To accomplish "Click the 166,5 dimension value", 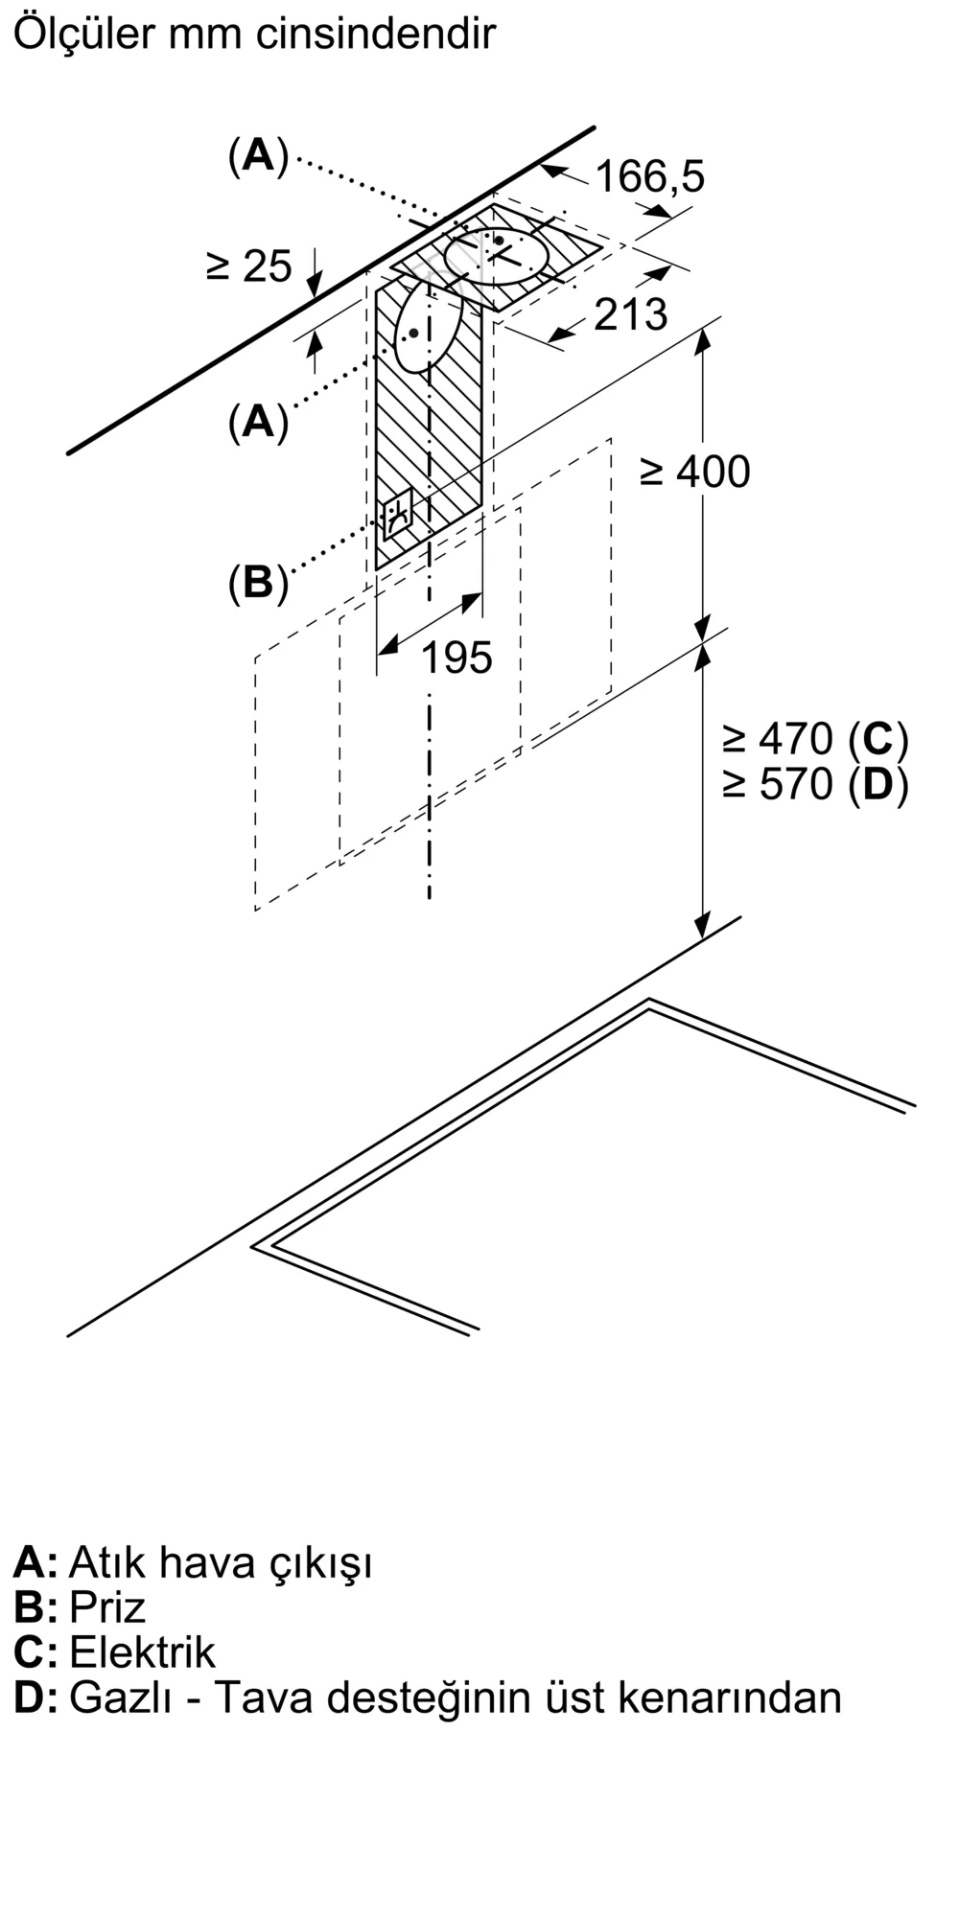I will pos(649,176).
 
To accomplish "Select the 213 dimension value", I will pos(630,314).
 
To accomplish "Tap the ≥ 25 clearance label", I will pos(248,266).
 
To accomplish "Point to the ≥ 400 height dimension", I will pos(694,472).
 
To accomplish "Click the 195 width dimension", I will pos(456,658).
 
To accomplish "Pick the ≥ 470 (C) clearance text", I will pos(814,738).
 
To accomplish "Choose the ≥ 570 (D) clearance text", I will pos(814,784).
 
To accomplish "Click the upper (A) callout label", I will pos(258,155).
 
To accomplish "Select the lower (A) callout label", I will pos(258,421).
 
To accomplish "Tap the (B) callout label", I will pos(258,582).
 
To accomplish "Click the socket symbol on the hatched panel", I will pos(398,515).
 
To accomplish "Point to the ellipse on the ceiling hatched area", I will pos(497,256).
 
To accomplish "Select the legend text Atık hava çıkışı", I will pos(221,1561).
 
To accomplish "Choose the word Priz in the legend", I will pos(107,1606).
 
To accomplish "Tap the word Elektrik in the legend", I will pos(143,1651).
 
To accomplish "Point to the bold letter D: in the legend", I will pos(35,1697).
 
